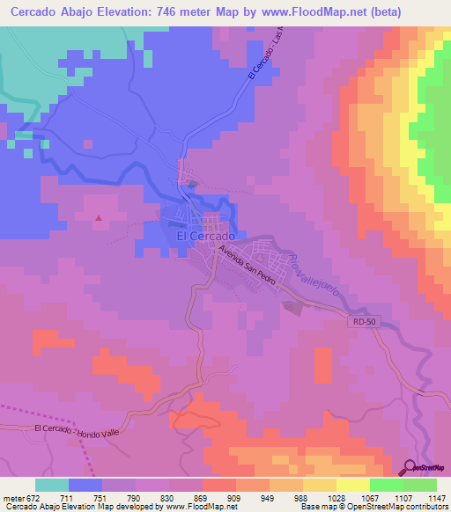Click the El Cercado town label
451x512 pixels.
[204, 237]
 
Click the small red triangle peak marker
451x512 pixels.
[99, 218]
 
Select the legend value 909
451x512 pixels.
[234, 499]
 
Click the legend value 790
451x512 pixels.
[133, 499]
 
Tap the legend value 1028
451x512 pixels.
[335, 499]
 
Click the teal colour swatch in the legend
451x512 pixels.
[52, 485]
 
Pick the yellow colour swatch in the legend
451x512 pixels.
[353, 485]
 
